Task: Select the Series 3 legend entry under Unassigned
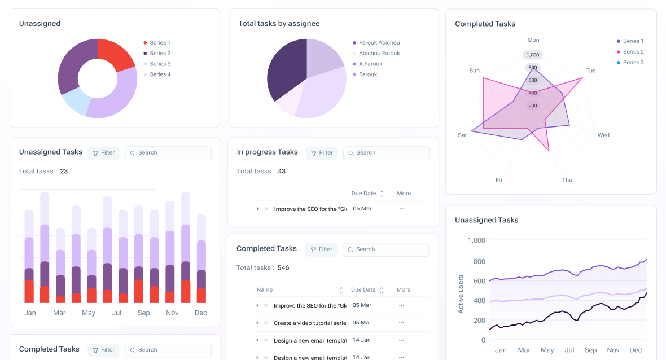(x=160, y=64)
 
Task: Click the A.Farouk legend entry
(x=370, y=64)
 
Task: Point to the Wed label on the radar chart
(x=603, y=135)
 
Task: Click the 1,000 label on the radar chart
(x=532, y=55)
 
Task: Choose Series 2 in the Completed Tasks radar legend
(x=633, y=52)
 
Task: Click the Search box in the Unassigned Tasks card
(x=168, y=153)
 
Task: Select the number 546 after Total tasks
(x=283, y=267)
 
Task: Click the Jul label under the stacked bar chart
(x=117, y=313)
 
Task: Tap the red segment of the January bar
(x=29, y=291)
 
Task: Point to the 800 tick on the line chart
(x=479, y=261)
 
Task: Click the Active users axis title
(x=461, y=294)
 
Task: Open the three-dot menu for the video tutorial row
(x=402, y=323)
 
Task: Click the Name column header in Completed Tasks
(x=265, y=290)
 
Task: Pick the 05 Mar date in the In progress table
(x=362, y=209)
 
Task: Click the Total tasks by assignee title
(x=279, y=24)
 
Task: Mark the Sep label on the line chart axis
(x=590, y=350)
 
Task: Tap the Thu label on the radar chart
(x=567, y=180)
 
